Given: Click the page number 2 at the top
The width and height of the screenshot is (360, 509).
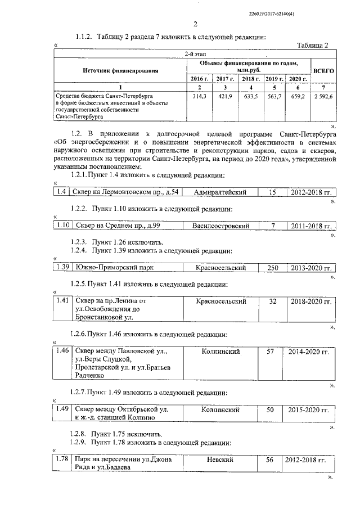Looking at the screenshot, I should tap(195, 24).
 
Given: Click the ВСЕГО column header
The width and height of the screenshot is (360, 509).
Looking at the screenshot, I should tap(324, 71).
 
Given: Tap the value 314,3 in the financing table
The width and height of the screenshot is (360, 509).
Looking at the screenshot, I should tap(200, 96).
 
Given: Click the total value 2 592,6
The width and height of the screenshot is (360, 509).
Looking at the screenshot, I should tap(324, 96).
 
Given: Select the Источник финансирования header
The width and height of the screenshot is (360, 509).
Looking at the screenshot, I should tap(120, 71).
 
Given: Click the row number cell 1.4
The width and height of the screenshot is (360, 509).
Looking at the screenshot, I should tap(62, 192).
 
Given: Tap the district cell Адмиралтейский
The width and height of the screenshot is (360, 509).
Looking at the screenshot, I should tap(220, 192).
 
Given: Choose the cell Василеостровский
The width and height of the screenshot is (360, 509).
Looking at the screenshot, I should tap(220, 226).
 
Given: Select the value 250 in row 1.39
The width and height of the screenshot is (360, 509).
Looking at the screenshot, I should tap(273, 268).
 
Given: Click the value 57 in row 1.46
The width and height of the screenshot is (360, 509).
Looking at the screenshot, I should tap(270, 352).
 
